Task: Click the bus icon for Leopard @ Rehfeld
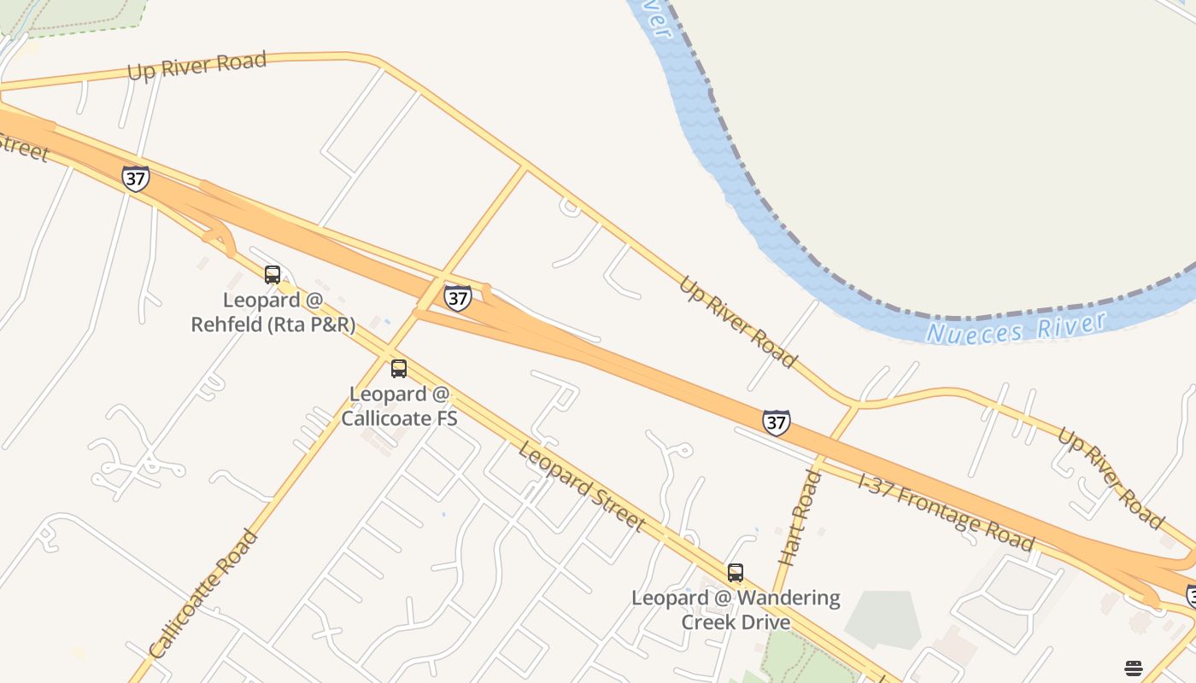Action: [x=273, y=275]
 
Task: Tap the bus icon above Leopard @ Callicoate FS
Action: [x=399, y=369]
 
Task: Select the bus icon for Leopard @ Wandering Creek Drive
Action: [x=736, y=573]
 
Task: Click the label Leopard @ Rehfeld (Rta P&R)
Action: [x=273, y=312]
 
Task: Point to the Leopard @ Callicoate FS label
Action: [x=399, y=406]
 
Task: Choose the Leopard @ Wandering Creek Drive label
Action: [x=736, y=609]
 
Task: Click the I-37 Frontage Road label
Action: [x=946, y=513]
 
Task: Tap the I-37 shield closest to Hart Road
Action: [x=776, y=422]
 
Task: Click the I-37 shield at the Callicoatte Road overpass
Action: [x=458, y=297]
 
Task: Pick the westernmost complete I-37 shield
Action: [x=135, y=178]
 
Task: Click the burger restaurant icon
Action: [x=1134, y=668]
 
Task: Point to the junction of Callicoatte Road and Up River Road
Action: [x=525, y=166]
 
